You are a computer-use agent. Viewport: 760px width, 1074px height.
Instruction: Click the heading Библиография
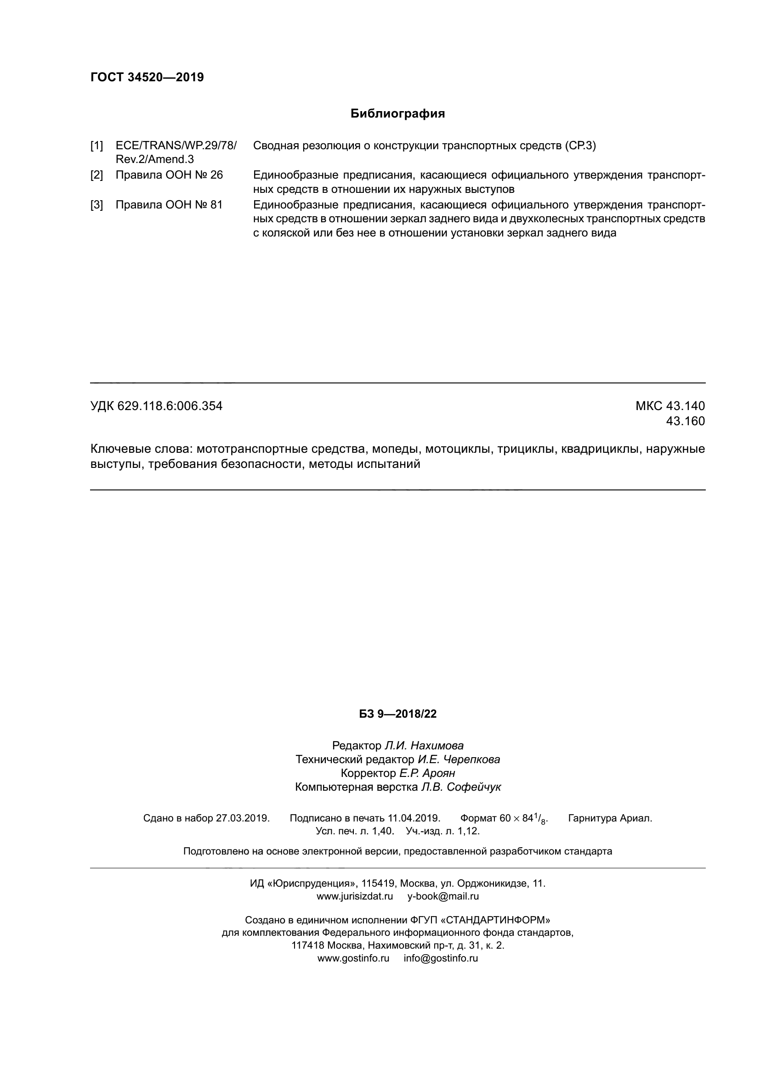pos(397,114)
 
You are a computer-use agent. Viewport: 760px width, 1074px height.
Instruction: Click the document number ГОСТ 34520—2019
pos(147,77)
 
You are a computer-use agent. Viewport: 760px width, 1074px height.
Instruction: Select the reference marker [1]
pos(97,146)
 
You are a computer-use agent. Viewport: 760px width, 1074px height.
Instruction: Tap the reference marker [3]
pos(97,205)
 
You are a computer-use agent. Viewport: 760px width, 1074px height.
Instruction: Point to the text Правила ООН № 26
pos(169,175)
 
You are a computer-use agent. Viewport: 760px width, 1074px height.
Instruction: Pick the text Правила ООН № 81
pos(169,205)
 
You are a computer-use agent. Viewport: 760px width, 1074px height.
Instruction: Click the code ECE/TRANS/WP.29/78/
pos(176,146)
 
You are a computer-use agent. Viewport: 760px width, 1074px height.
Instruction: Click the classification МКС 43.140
pos(669,406)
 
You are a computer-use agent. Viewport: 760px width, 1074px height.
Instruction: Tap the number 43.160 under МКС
pos(685,422)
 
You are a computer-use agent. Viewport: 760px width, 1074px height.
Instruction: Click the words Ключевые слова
pos(140,449)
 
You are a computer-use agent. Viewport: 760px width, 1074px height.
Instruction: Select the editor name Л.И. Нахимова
pos(424,746)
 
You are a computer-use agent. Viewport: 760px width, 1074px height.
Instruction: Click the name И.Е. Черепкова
pos(459,759)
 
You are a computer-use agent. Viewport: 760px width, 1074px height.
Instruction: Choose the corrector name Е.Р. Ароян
pos(427,773)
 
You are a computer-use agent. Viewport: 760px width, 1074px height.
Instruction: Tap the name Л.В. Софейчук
pos(460,787)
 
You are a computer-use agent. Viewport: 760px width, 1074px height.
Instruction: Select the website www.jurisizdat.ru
pos(355,897)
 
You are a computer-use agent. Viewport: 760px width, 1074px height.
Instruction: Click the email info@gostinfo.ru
pos(441,958)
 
